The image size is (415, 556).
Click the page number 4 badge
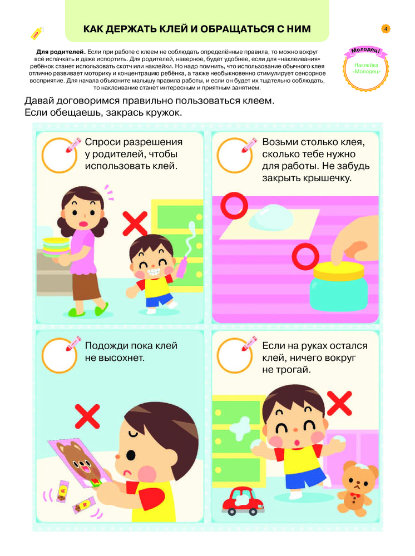(386, 29)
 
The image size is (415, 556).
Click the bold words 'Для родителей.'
(61, 52)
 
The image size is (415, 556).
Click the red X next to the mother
(135, 224)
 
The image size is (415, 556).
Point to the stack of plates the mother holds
(56, 247)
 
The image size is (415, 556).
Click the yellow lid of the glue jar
(339, 271)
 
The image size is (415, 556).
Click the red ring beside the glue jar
(305, 257)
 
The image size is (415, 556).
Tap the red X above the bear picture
(87, 416)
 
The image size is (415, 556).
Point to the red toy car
(243, 501)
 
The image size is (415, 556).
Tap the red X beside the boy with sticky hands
(339, 403)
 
